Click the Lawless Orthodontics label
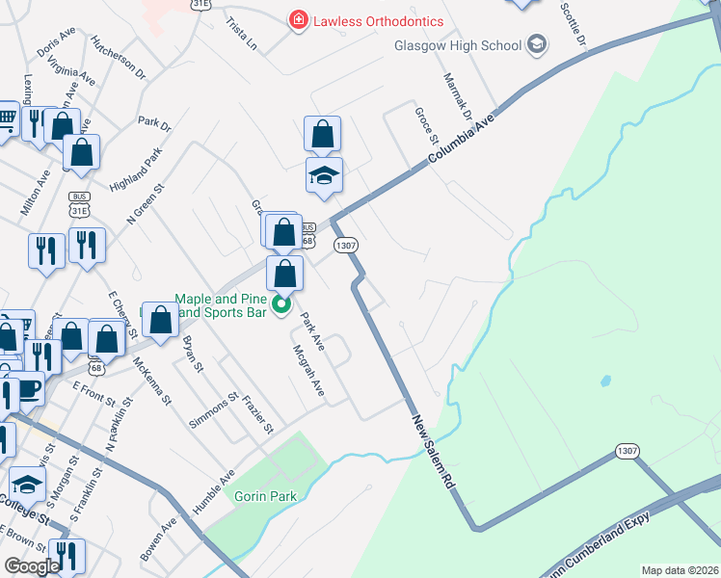(x=378, y=21)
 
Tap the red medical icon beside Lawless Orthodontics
(x=299, y=20)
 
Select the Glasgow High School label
(x=457, y=45)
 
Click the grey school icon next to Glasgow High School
(x=537, y=44)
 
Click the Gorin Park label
(x=265, y=496)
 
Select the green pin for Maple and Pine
(x=280, y=306)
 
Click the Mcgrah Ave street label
(x=309, y=372)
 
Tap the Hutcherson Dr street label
(x=118, y=57)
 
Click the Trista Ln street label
(x=242, y=33)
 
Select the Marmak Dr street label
(x=456, y=95)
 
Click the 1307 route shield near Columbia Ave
(x=347, y=246)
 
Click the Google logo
(x=32, y=567)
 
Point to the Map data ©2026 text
(x=680, y=570)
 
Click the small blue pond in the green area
(x=605, y=381)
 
